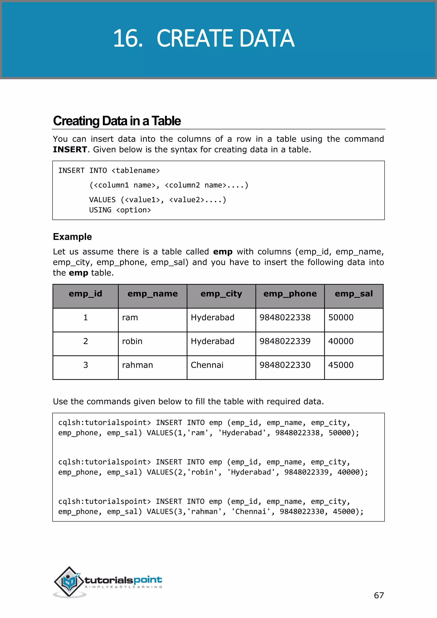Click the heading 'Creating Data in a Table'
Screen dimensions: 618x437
point(117,121)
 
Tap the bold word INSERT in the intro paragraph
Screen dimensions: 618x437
point(70,149)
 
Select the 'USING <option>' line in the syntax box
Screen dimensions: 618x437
point(120,210)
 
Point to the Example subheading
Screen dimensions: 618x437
point(72,237)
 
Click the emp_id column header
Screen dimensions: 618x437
point(85,294)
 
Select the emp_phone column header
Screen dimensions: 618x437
point(290,294)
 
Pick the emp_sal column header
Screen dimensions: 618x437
point(354,294)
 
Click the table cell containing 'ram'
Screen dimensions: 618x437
point(130,318)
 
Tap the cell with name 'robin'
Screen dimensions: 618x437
point(132,341)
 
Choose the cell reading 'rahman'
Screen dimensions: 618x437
point(137,365)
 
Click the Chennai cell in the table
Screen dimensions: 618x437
point(207,365)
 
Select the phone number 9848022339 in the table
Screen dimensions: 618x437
point(285,341)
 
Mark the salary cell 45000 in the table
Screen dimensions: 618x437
point(341,365)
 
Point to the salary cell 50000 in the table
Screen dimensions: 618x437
point(341,318)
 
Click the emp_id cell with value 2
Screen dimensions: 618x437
point(86,341)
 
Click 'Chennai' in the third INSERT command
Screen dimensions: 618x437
point(251,512)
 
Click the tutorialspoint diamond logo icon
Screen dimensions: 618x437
point(69,581)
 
